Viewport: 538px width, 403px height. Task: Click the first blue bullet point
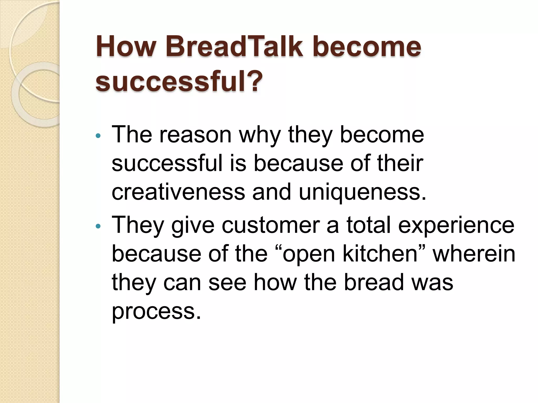coord(98,136)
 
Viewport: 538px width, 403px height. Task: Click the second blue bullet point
coord(98,226)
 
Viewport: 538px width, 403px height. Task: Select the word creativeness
coord(178,192)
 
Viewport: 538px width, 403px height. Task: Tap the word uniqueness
coord(362,192)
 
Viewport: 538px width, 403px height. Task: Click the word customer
coord(271,225)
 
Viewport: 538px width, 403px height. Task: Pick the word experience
coord(456,225)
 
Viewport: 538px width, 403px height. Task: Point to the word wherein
coord(474,254)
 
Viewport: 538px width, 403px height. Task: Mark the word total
coord(369,225)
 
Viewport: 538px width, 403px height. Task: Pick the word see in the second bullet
coord(227,283)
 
